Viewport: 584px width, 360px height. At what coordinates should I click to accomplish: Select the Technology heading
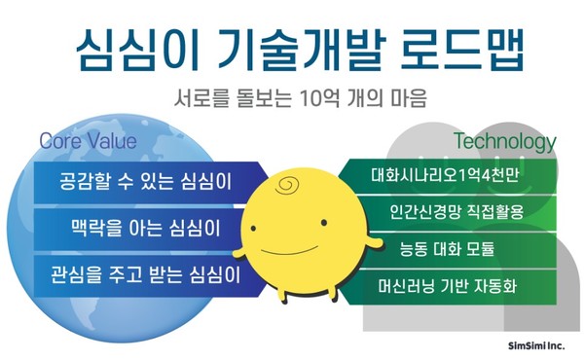505,142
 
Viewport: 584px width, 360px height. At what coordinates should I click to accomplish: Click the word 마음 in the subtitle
408,99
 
